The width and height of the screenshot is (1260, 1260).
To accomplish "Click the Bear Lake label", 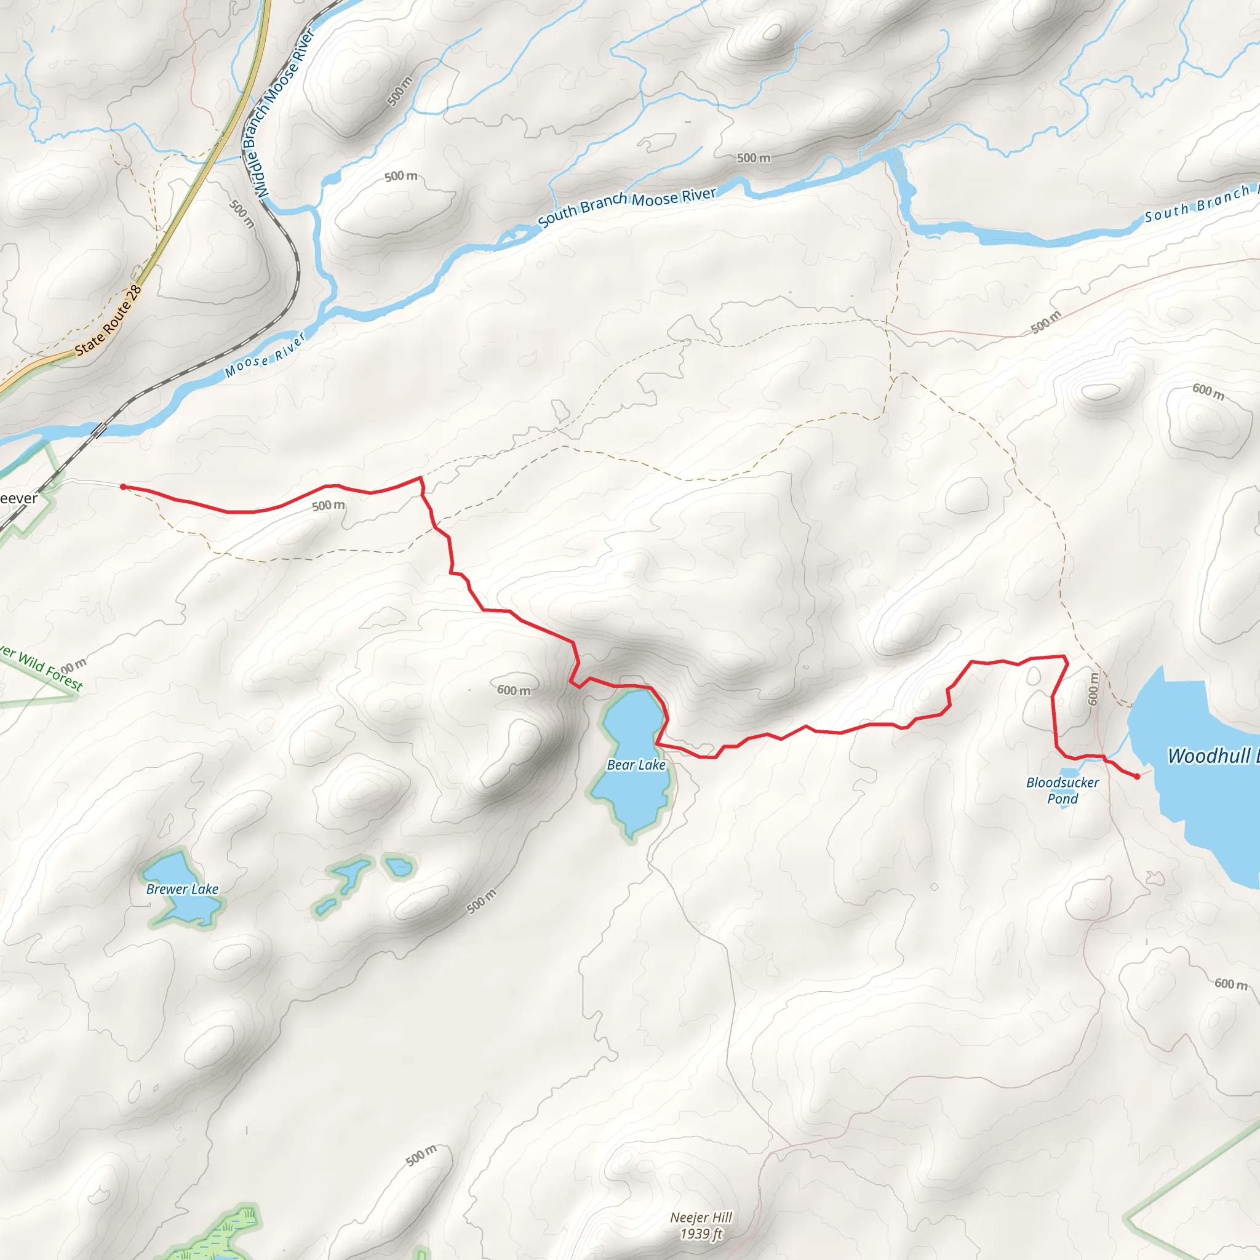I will (x=636, y=765).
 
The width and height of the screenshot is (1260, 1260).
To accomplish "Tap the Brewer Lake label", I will (x=182, y=889).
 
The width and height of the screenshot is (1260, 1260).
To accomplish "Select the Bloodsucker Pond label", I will (x=1063, y=791).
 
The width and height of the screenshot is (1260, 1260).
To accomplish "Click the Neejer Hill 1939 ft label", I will (x=701, y=1226).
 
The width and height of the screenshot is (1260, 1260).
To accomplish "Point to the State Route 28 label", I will (x=108, y=320).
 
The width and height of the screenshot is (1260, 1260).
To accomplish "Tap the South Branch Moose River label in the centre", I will (x=627, y=207).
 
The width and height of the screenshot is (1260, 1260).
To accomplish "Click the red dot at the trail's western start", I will (x=122, y=487).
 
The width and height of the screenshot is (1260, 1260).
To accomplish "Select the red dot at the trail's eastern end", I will (x=1137, y=776).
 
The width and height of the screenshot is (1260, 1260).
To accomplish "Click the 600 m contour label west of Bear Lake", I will (x=514, y=690).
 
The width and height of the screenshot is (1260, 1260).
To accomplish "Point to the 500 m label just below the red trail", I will (x=328, y=506).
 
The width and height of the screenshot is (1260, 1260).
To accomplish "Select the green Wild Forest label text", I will (x=42, y=669).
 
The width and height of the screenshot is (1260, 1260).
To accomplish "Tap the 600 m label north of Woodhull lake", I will (x=1208, y=391).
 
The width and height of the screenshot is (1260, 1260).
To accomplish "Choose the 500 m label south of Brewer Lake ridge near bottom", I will (x=421, y=1155).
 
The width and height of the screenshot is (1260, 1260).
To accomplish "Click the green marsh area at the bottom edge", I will (x=221, y=1236).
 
